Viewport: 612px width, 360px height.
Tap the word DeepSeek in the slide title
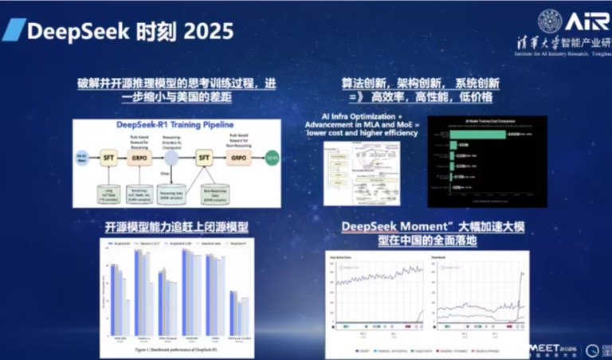[70, 31]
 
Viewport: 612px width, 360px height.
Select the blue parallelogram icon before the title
[14, 31]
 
